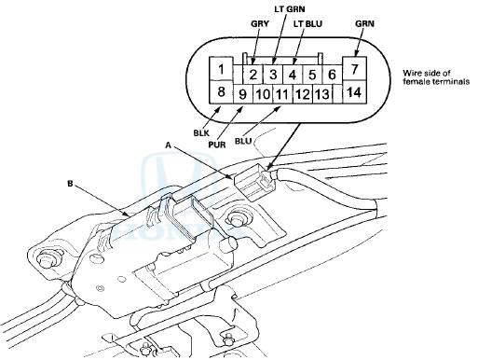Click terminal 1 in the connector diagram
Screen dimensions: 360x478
click(x=220, y=68)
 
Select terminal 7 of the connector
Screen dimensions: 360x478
click(x=354, y=68)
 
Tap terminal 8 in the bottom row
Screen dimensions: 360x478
click(x=220, y=91)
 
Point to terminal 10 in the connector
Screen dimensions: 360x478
click(x=262, y=94)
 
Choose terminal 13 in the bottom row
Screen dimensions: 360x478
click(x=322, y=94)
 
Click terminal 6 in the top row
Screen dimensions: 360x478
click(x=332, y=75)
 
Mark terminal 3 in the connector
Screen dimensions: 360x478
click(x=273, y=75)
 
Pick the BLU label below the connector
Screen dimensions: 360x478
click(x=243, y=141)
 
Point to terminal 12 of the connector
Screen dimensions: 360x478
click(x=301, y=94)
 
